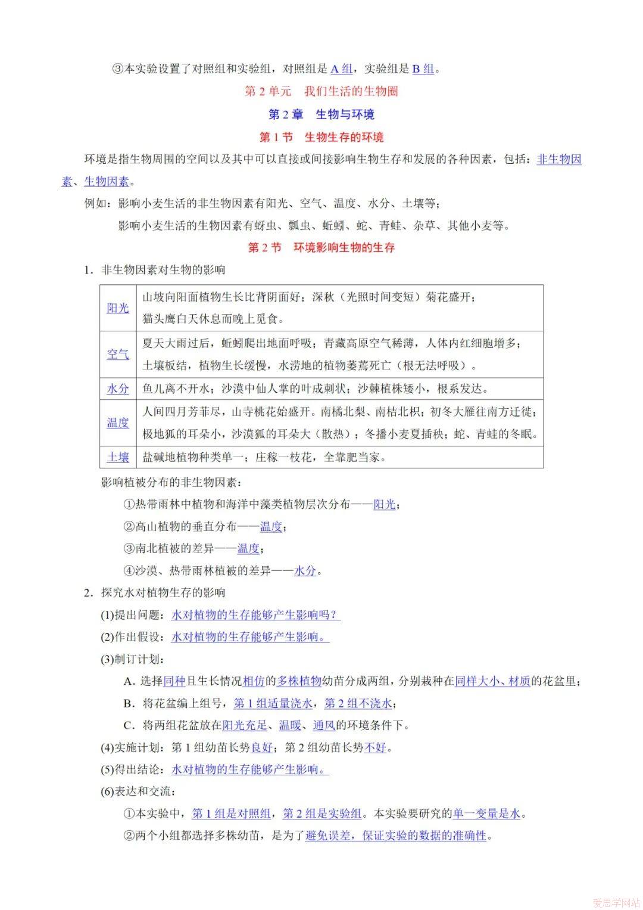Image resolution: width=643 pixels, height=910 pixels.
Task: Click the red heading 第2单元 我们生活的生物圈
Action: click(321, 91)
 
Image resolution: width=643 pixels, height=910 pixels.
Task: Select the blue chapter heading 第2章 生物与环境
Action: click(321, 114)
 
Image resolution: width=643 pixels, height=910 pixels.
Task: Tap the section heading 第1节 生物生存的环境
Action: click(321, 137)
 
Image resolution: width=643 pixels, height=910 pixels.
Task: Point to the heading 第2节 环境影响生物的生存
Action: click(321, 247)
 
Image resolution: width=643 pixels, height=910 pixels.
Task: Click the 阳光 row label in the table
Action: click(118, 308)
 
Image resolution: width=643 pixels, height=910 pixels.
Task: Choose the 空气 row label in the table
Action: click(118, 354)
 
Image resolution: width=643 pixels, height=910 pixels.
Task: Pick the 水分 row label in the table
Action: click(118, 389)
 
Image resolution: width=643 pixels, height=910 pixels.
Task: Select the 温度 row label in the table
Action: click(118, 423)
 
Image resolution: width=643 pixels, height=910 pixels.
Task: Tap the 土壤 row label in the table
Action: click(118, 457)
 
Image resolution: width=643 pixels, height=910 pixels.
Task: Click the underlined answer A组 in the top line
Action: click(342, 69)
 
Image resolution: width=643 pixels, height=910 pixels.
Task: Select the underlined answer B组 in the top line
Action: click(423, 69)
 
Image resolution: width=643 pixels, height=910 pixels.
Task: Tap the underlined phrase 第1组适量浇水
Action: click(273, 703)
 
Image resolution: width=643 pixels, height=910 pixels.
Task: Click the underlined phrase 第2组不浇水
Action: click(358, 703)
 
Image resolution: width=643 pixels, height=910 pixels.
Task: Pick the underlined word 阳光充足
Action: click(245, 725)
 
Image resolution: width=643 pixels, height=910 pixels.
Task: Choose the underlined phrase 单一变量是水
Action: click(486, 813)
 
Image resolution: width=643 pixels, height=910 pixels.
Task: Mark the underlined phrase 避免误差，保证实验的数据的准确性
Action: click(396, 836)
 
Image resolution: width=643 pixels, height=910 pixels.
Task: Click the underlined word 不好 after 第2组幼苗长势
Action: click(375, 747)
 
